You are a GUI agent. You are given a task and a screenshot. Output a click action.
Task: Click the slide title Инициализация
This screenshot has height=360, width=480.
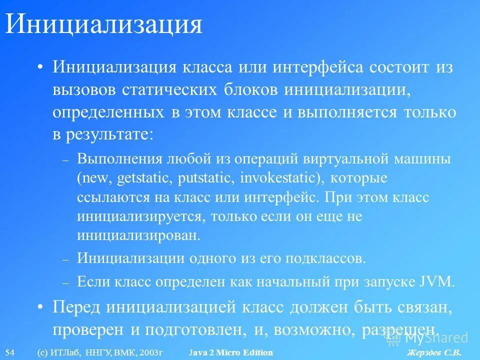coord(103,24)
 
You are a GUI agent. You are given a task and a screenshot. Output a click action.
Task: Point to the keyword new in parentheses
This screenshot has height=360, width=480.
coord(95,178)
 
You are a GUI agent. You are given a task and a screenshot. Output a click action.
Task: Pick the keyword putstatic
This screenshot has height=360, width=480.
coord(210,178)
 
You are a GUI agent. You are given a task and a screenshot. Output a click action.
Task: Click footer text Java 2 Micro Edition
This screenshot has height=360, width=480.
coord(231,352)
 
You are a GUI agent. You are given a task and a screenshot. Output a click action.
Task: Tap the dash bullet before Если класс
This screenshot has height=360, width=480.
coord(64,282)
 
